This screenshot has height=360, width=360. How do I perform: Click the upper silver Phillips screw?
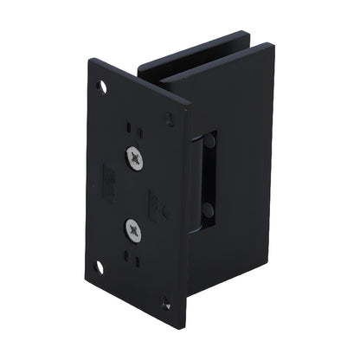coord(136,157)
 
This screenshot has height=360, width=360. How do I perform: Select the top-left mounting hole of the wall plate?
coord(103,87)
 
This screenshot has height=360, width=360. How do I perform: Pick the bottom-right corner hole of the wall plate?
coord(166,302)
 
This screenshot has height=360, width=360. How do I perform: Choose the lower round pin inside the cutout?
coord(208,210)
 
